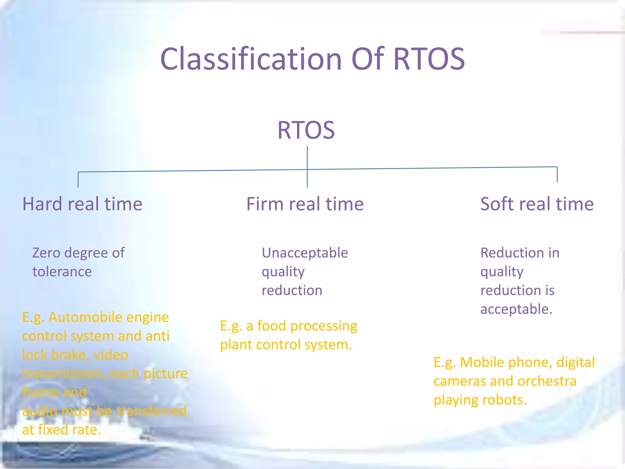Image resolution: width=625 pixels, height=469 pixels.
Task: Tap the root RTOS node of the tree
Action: (x=306, y=130)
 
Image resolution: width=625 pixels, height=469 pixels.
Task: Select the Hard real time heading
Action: (x=82, y=204)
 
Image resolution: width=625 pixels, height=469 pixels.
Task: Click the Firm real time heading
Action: (x=305, y=204)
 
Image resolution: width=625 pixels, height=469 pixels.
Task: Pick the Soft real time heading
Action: (x=537, y=204)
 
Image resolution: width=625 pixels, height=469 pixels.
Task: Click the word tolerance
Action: (x=62, y=272)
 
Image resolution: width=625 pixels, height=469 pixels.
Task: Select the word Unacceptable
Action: (x=305, y=253)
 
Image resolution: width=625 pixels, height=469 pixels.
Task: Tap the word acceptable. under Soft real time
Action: (x=516, y=309)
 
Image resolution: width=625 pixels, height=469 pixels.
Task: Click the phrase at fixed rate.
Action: (x=61, y=430)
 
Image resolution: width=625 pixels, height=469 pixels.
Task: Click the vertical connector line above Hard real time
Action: (x=78, y=180)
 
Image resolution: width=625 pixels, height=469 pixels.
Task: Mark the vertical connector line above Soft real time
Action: (x=557, y=175)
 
